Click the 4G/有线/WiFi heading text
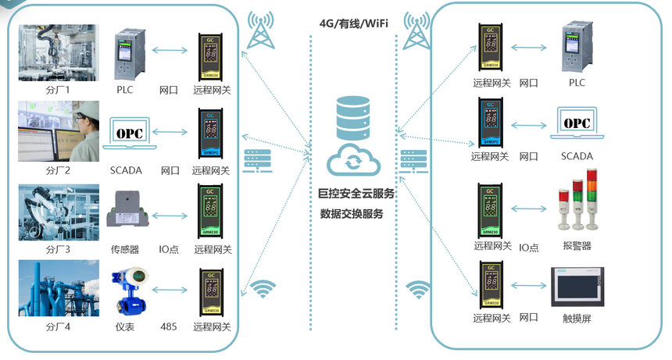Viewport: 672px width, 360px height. coord(354,23)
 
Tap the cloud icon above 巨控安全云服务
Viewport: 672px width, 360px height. coord(354,161)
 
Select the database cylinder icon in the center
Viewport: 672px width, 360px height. coord(354,116)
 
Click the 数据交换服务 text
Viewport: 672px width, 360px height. coord(352,213)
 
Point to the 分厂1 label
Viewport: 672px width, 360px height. coord(58,90)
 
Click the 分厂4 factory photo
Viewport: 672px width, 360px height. coord(59,290)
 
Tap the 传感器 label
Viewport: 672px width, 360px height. coord(125,250)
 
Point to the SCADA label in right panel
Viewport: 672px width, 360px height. coord(577,156)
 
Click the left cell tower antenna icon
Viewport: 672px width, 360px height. coord(260,30)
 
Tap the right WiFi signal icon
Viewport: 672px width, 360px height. coord(420,290)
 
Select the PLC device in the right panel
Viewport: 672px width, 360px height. coord(577,48)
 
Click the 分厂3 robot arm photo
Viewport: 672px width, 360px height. coord(59,212)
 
